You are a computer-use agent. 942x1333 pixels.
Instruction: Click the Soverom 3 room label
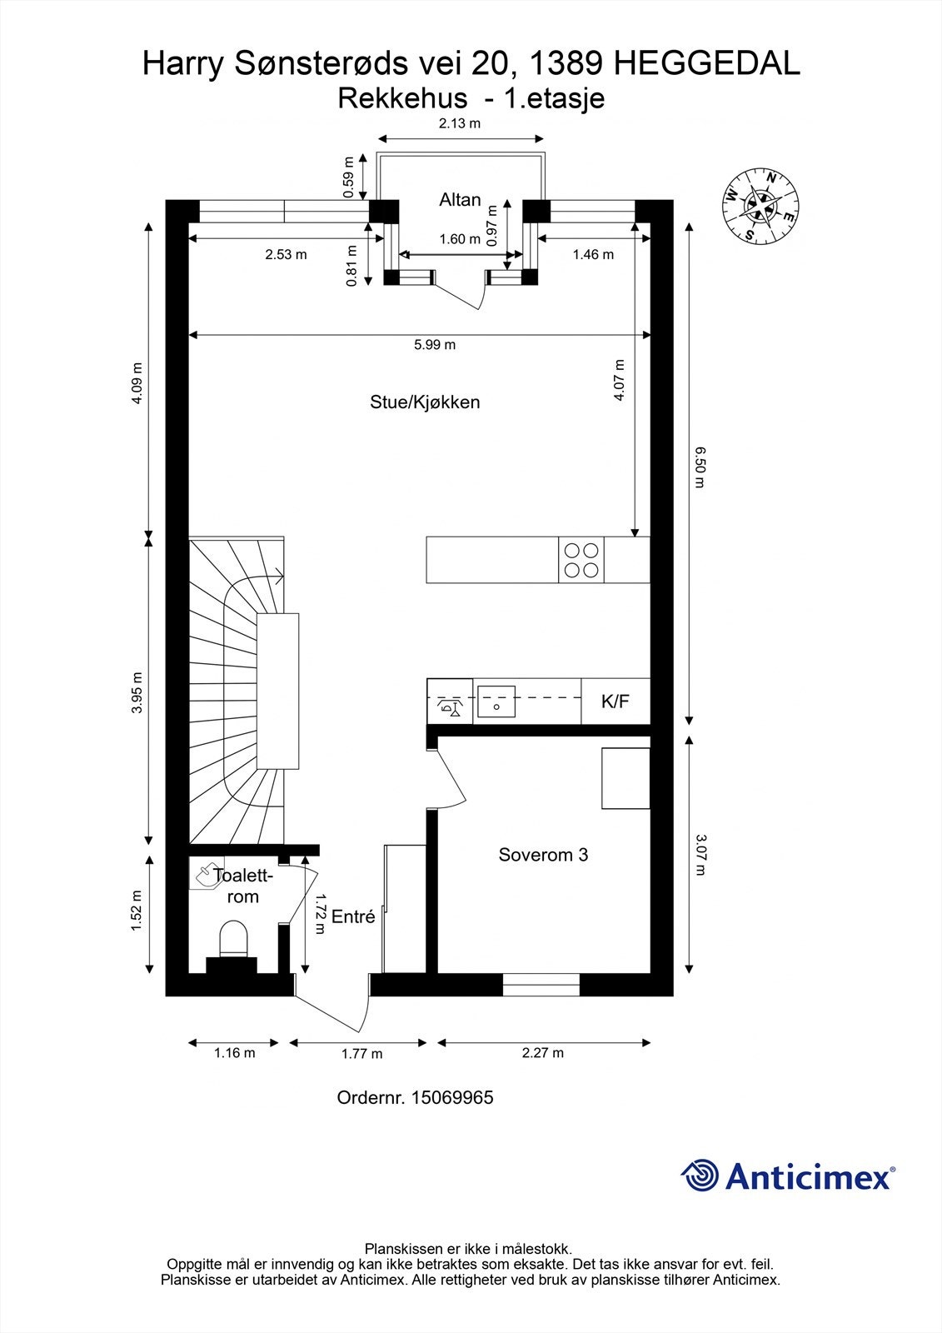click(x=543, y=855)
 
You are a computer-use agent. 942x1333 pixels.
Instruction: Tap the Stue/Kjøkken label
click(x=425, y=402)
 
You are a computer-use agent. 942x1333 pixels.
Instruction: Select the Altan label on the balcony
click(x=460, y=200)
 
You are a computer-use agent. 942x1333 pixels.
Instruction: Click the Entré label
click(x=353, y=917)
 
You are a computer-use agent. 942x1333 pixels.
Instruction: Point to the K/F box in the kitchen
click(x=615, y=701)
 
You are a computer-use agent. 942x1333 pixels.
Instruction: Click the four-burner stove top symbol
click(x=581, y=560)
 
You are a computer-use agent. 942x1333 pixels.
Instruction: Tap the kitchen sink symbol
click(x=495, y=702)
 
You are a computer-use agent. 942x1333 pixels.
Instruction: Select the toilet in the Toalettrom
click(x=233, y=939)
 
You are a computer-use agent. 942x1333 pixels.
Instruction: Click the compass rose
click(x=759, y=205)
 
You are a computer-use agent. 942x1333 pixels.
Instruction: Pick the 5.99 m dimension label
click(x=435, y=345)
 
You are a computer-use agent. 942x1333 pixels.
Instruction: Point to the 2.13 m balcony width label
click(x=460, y=124)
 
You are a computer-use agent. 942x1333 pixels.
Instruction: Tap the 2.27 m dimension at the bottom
click(x=542, y=1053)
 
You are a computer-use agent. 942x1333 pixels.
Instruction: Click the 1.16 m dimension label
click(x=234, y=1053)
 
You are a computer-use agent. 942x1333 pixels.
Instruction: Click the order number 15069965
click(x=450, y=1098)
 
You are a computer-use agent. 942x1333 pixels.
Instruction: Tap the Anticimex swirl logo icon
click(x=700, y=1176)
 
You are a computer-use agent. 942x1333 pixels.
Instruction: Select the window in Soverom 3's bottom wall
click(x=541, y=985)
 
